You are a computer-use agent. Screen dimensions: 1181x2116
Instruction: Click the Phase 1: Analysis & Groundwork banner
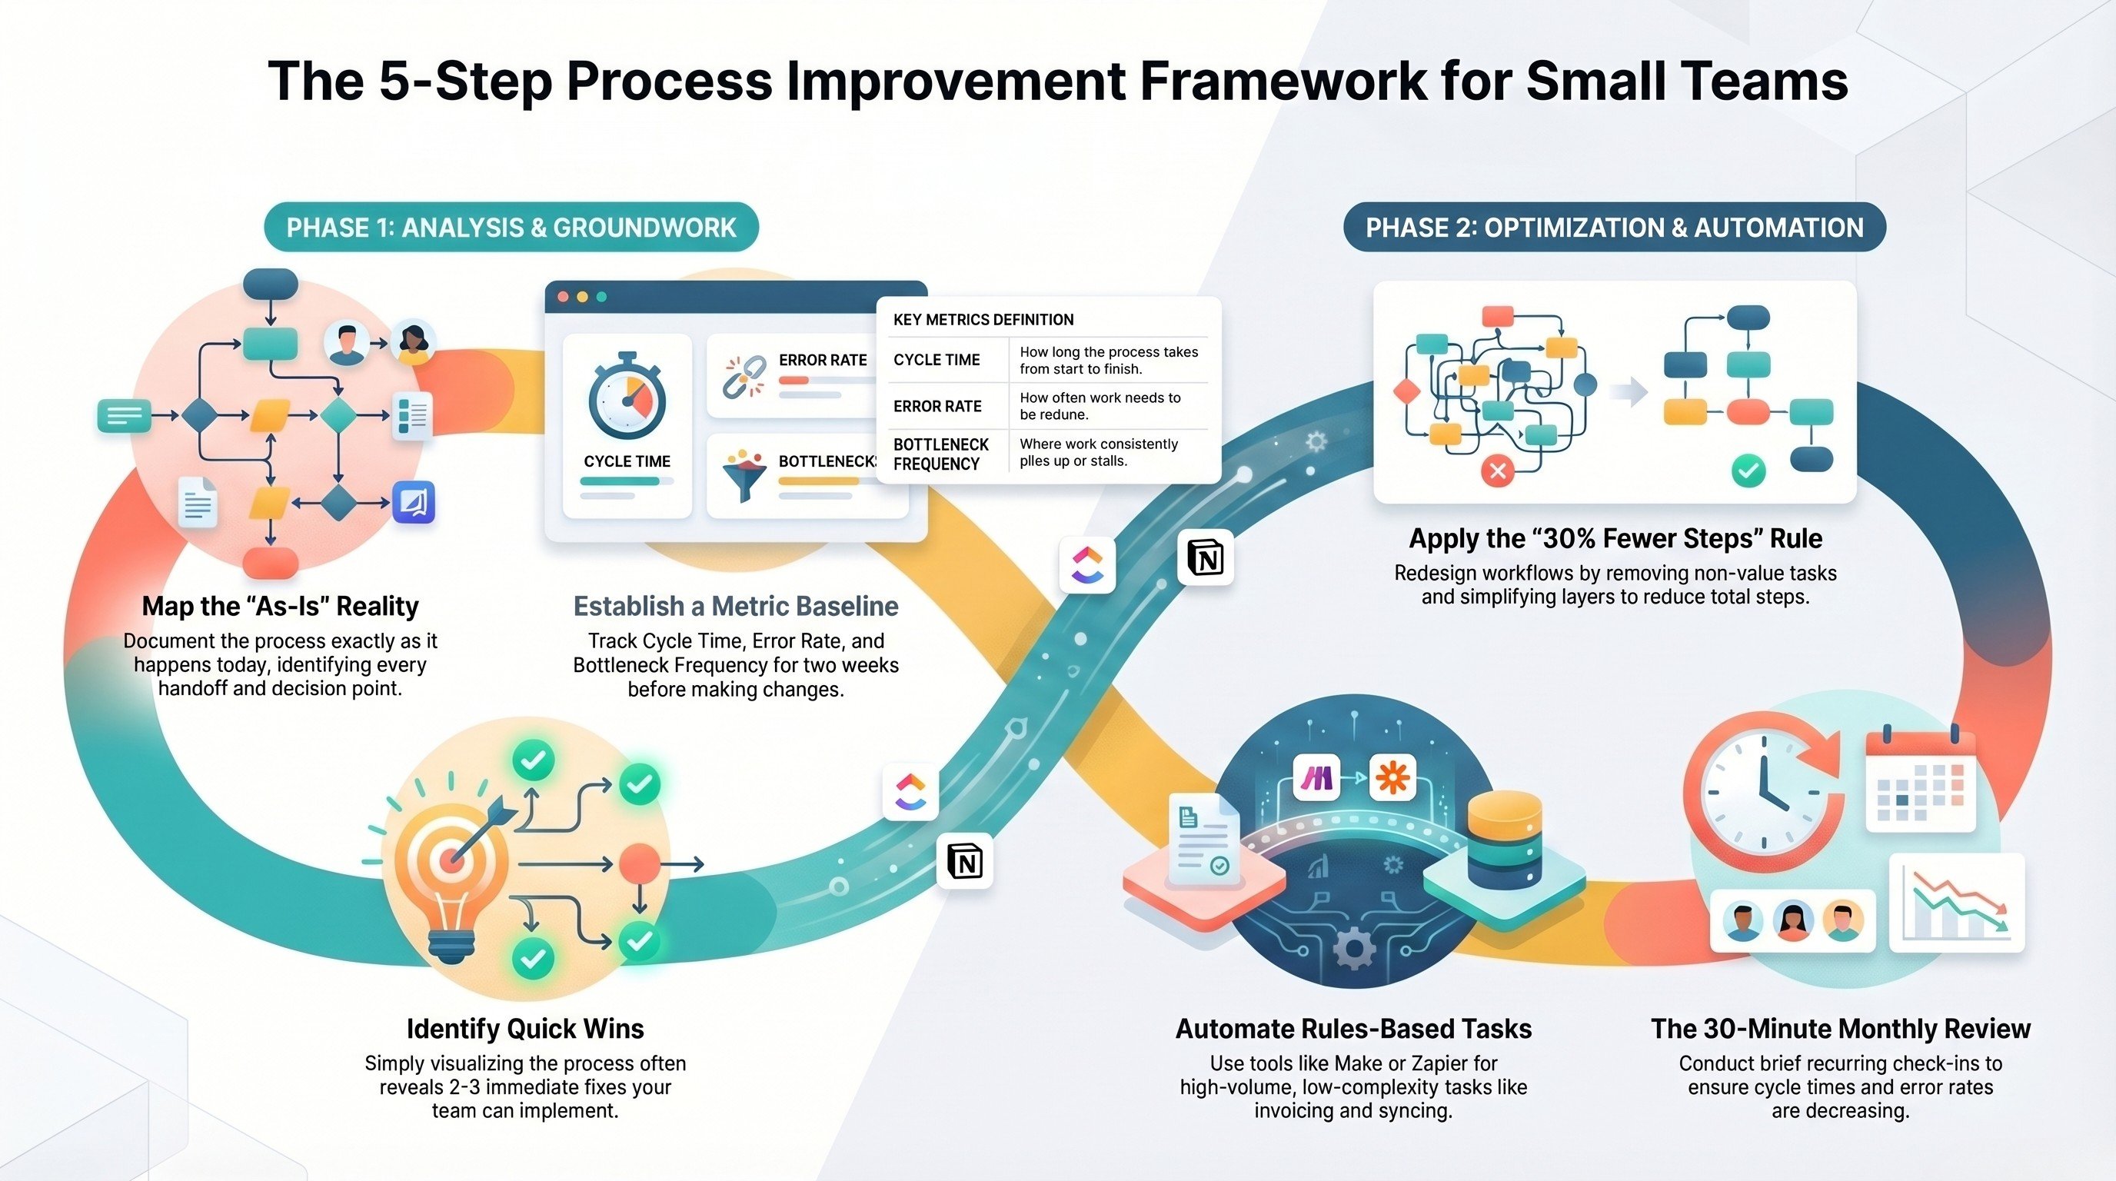click(x=511, y=228)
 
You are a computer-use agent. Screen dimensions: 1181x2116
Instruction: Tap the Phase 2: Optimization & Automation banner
click(x=1614, y=228)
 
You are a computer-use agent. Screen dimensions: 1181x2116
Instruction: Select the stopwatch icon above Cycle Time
click(x=627, y=399)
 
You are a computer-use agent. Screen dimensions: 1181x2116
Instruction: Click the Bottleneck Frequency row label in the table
click(x=941, y=454)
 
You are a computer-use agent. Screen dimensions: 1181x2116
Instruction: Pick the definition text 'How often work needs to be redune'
click(x=1101, y=406)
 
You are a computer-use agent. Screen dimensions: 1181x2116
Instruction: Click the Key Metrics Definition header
click(x=983, y=320)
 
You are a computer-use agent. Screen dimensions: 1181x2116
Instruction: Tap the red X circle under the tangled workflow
click(x=1498, y=471)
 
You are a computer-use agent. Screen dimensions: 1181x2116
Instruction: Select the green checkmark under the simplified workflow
click(x=1748, y=471)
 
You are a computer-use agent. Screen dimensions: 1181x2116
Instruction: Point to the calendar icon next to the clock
click(x=1921, y=780)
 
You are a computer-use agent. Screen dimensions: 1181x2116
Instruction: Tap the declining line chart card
click(x=1957, y=903)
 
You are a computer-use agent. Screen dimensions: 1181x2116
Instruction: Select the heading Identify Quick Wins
click(x=525, y=1028)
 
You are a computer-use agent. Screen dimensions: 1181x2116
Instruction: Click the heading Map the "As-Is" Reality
click(x=280, y=606)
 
